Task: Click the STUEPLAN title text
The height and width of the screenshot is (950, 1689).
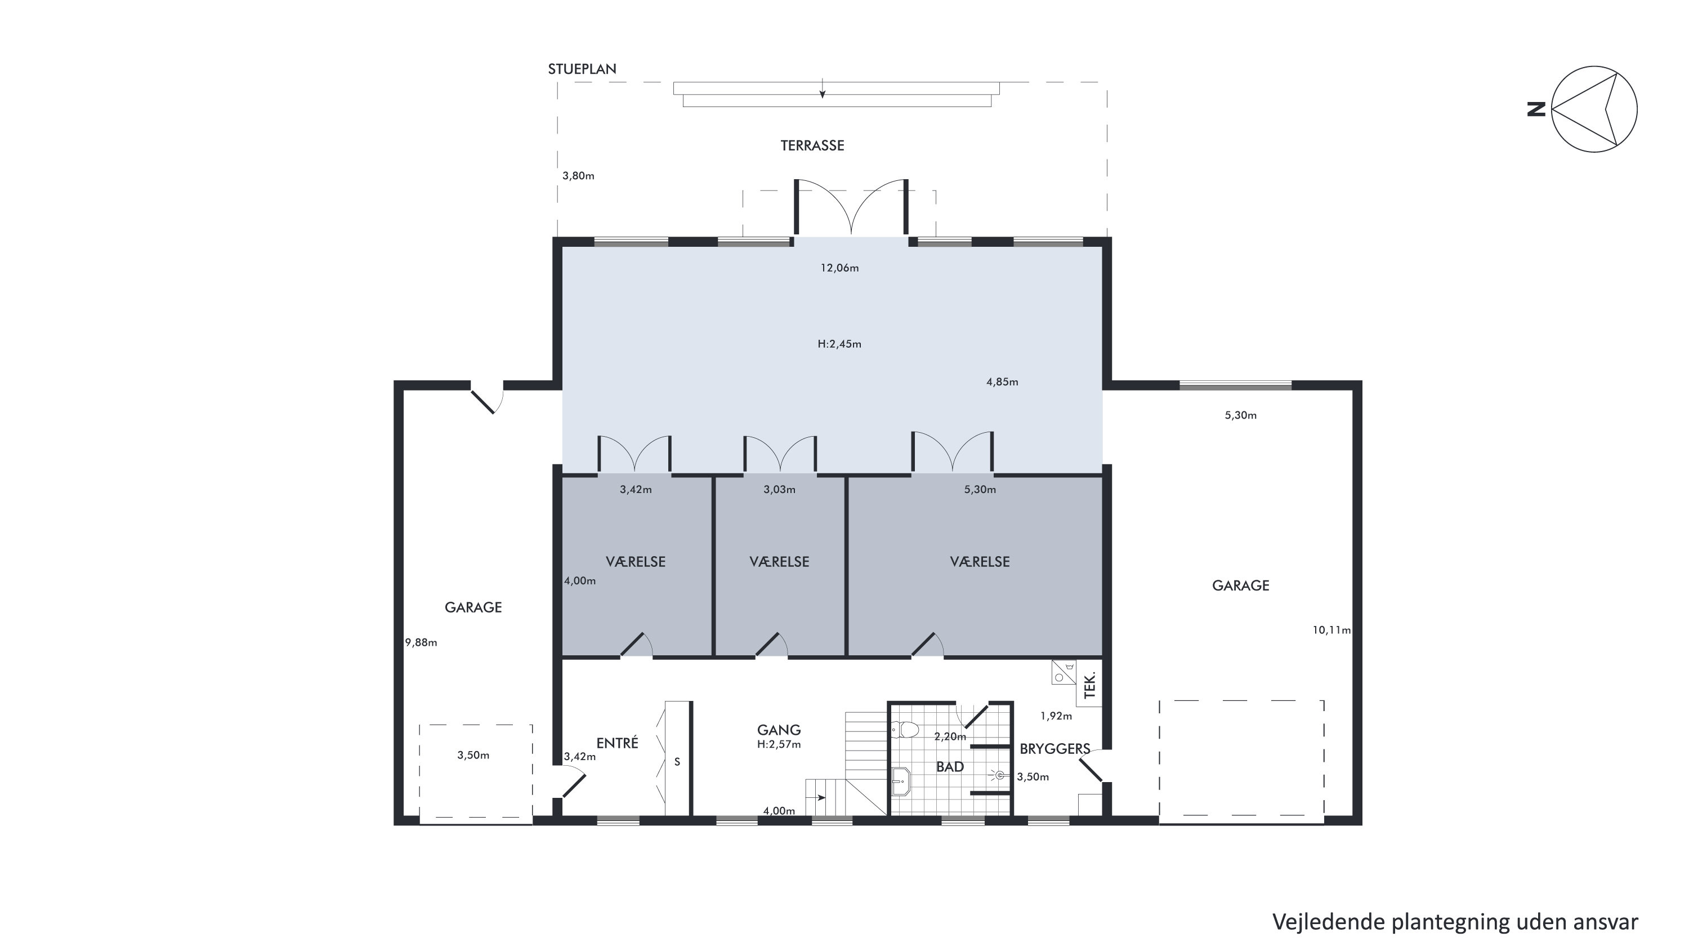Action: click(582, 69)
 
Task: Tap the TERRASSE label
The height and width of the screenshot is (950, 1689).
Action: click(812, 145)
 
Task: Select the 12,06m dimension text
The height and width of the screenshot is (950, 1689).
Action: click(840, 268)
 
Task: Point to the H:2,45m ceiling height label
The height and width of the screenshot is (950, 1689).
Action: click(839, 344)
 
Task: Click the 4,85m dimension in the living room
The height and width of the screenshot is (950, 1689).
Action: click(1003, 382)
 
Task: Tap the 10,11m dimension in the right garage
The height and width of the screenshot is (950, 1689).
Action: click(1331, 630)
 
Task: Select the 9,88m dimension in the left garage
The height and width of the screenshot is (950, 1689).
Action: click(421, 642)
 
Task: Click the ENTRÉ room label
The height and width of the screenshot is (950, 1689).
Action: click(617, 743)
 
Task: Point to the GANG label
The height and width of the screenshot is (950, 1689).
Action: click(779, 730)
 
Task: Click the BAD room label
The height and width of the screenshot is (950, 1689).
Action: click(950, 767)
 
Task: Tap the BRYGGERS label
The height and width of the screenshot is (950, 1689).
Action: click(1055, 749)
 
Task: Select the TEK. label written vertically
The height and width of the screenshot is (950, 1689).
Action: click(1091, 686)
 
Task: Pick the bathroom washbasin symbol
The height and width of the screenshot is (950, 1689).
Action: click(901, 781)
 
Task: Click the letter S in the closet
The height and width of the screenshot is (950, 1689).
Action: click(677, 762)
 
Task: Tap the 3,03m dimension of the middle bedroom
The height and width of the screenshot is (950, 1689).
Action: click(780, 490)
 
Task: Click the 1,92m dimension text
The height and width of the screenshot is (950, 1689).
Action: click(1056, 716)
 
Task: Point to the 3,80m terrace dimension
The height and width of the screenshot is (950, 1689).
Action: click(578, 176)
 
